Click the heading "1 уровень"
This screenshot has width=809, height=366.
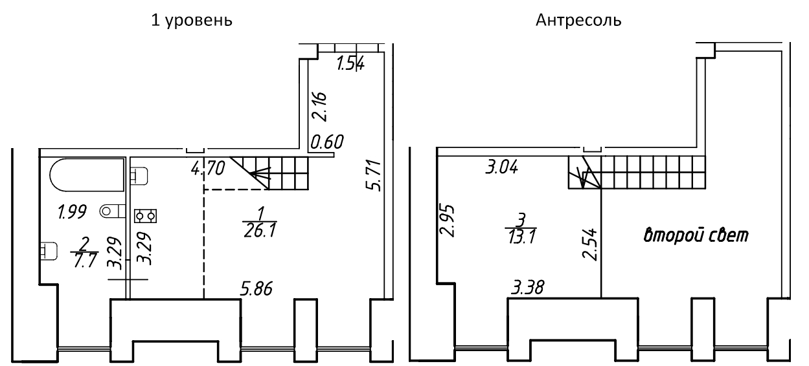click(x=192, y=21)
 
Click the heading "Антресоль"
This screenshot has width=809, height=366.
click(x=578, y=20)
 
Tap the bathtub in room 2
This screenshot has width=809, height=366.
click(x=87, y=175)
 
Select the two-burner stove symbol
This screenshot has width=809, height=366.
click(x=145, y=216)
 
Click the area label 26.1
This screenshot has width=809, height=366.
click(x=260, y=230)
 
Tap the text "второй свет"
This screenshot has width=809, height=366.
click(x=696, y=235)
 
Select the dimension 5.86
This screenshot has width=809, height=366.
click(x=256, y=289)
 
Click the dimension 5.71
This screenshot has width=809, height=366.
click(x=373, y=175)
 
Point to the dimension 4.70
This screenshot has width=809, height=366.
click(x=208, y=168)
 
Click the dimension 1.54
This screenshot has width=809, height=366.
click(x=350, y=64)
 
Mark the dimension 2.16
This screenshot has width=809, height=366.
click(x=319, y=107)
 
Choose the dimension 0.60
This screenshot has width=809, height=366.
click(x=327, y=142)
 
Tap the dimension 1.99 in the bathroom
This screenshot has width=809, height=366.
click(x=73, y=211)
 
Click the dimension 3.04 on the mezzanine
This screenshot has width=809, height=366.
click(x=502, y=167)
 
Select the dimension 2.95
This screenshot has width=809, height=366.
click(x=447, y=221)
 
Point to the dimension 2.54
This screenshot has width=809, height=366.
click(x=589, y=244)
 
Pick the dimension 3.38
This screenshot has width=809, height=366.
click(x=528, y=288)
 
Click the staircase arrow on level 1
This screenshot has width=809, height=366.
click(x=259, y=174)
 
